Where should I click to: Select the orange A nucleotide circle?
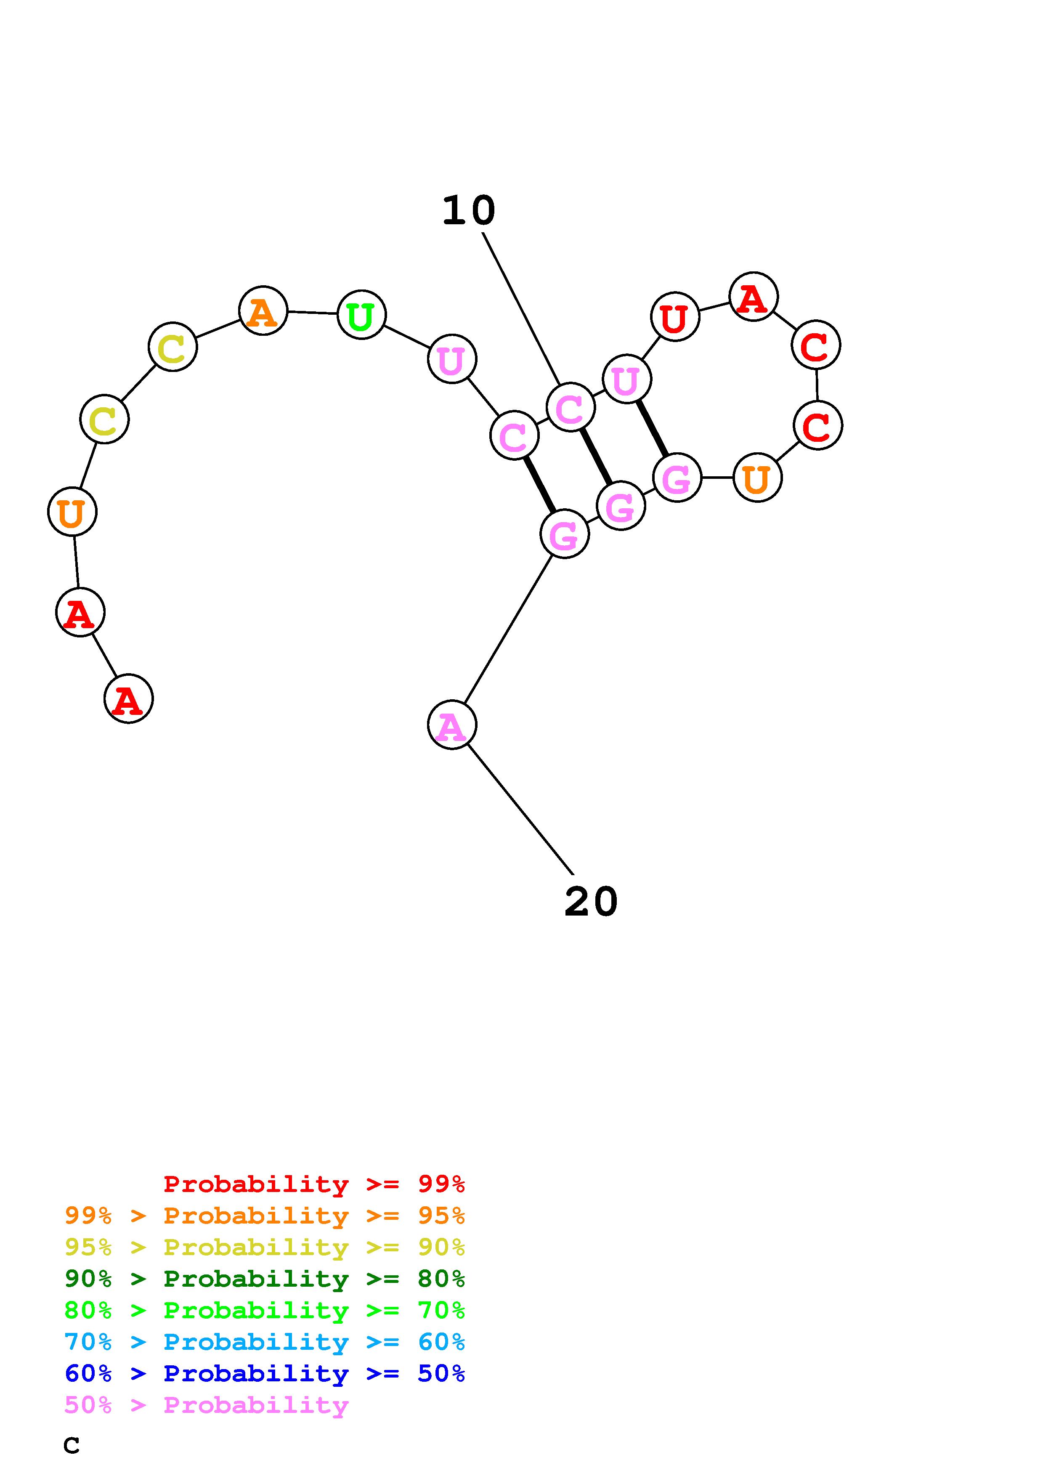[x=263, y=311]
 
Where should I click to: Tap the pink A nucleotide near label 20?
[x=452, y=725]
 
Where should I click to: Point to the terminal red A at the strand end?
[x=128, y=699]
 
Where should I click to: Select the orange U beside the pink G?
[x=757, y=478]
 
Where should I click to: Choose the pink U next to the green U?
[x=452, y=359]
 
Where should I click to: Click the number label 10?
[x=468, y=211]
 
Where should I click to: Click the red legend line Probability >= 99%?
[x=314, y=1184]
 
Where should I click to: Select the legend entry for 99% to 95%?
[x=265, y=1216]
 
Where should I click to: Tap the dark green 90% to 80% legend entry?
[x=265, y=1279]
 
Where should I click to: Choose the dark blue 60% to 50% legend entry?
[x=265, y=1373]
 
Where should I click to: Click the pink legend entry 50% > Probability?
[x=207, y=1405]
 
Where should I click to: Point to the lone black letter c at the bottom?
[x=72, y=1446]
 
